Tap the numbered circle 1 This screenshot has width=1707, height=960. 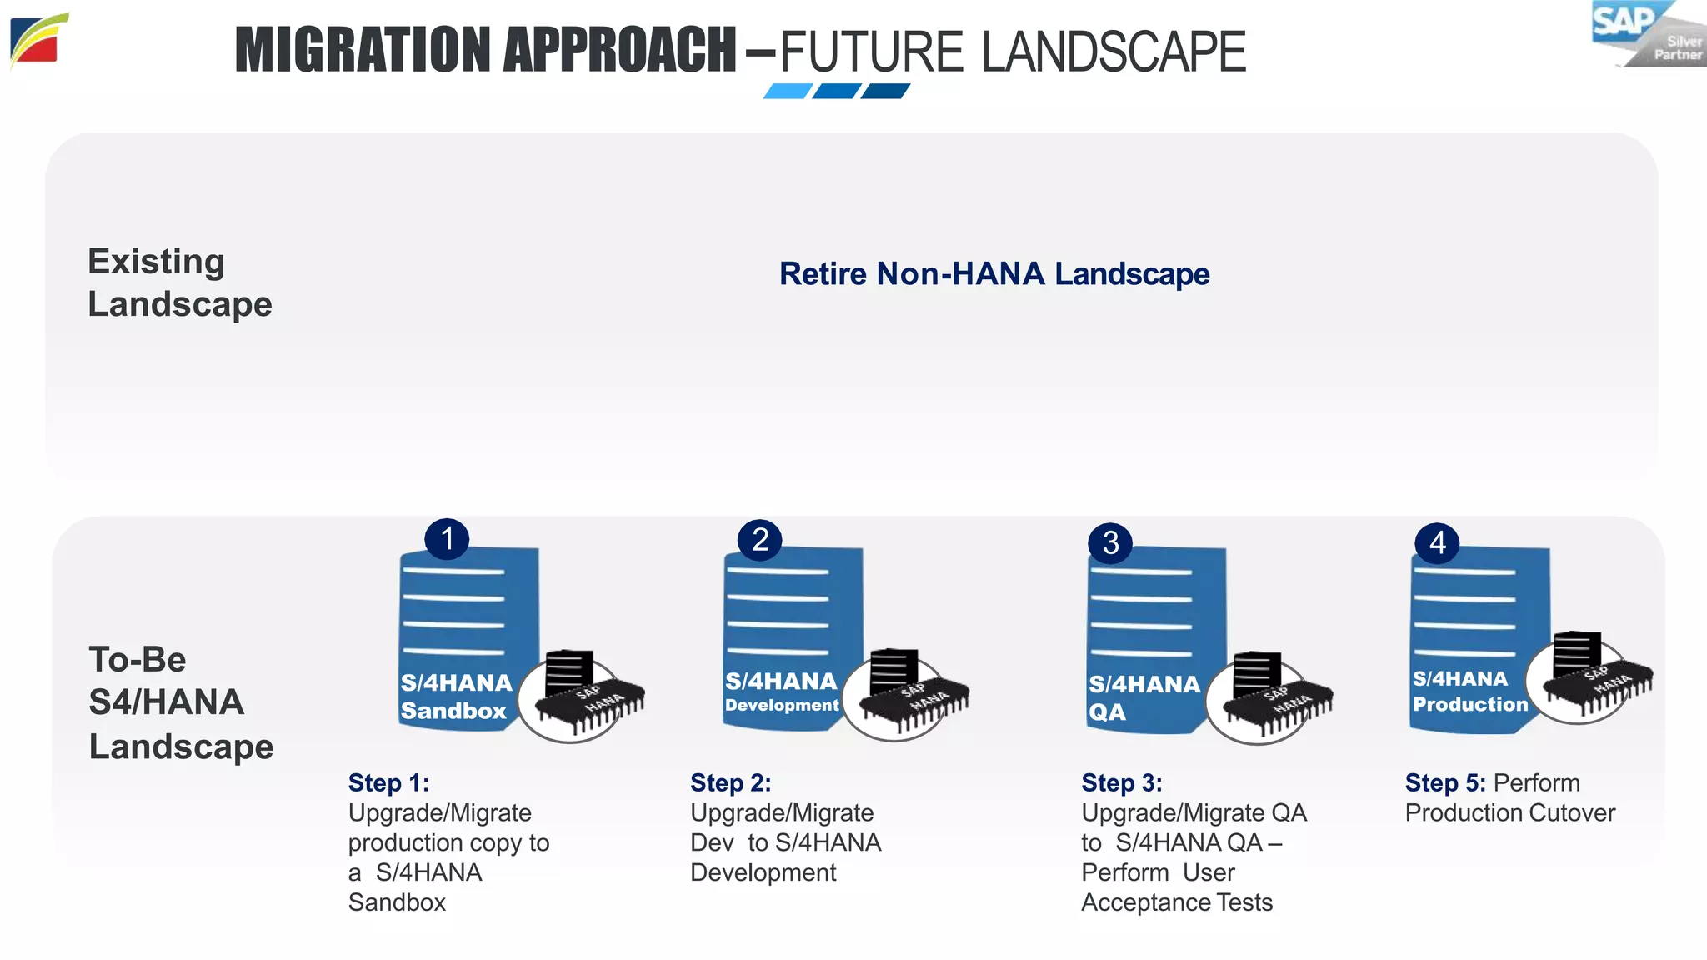[447, 539]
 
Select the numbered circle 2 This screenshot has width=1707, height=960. [760, 540]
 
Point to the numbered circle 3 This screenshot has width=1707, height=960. [1110, 543]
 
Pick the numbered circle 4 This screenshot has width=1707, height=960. [1437, 543]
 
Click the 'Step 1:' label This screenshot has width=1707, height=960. [388, 783]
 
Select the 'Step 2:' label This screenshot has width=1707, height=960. [730, 783]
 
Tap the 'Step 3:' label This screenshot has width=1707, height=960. [1121, 783]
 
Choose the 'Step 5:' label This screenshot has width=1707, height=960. [1445, 783]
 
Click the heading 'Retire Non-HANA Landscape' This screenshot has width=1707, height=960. [994, 274]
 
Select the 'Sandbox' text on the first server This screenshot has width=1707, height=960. [453, 711]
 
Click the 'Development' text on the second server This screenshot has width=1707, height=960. [782, 706]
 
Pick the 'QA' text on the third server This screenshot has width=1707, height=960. [1107, 712]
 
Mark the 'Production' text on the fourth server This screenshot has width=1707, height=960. [1470, 705]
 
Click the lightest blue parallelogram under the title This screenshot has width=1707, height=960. [788, 92]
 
